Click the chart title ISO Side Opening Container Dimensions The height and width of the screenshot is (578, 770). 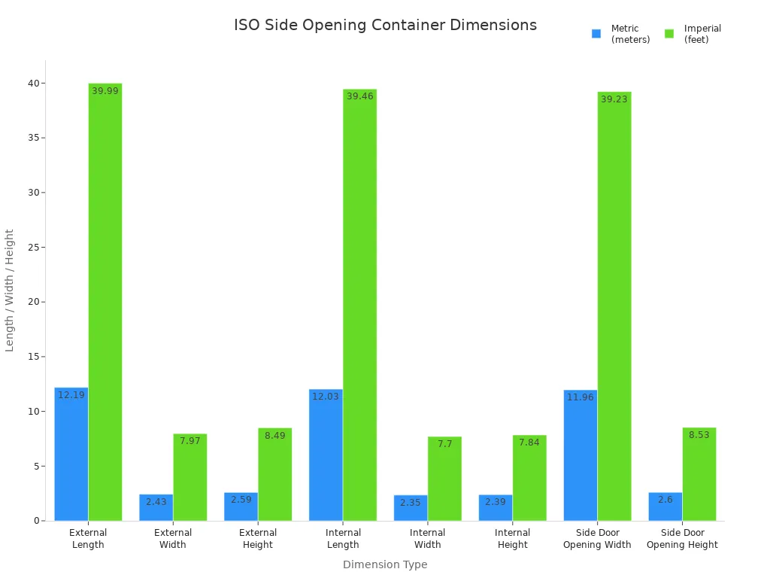coord(385,25)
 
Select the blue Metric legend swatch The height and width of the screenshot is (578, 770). coord(596,34)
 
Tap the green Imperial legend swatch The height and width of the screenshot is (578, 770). coord(669,34)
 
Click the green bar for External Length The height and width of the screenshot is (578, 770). coord(105,301)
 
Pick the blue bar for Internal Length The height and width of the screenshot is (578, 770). coord(326,455)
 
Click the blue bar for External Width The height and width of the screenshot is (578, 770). coord(156,507)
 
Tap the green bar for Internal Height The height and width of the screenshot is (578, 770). coord(529,478)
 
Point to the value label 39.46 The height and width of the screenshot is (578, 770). coord(359,96)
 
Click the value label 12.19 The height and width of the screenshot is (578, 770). coord(71,395)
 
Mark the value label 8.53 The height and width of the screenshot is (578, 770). coord(699,435)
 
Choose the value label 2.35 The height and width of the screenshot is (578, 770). coord(410,503)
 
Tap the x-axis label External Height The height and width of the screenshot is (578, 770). coord(258,539)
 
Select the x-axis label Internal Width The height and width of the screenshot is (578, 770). coord(427,539)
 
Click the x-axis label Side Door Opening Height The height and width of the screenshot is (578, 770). coord(682,539)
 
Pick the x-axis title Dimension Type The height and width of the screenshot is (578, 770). coord(385,564)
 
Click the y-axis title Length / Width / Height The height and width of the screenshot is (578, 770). coord(10,291)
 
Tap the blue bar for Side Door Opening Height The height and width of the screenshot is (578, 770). coord(665,507)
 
